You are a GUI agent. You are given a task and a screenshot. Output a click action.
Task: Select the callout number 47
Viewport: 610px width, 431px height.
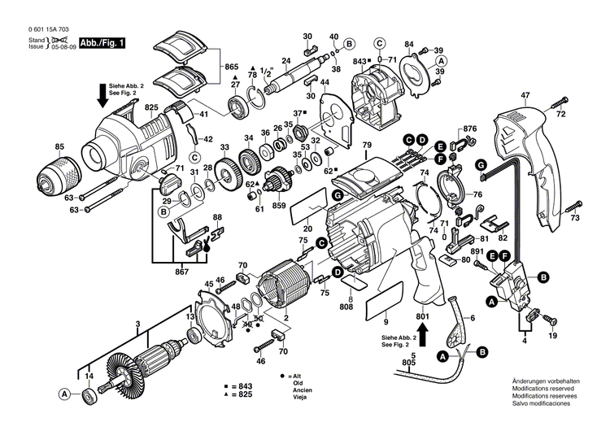click(525, 96)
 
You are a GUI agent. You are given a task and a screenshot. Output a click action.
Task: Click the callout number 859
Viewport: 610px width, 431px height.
click(279, 206)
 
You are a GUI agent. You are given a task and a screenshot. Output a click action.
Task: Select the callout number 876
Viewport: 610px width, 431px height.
click(469, 129)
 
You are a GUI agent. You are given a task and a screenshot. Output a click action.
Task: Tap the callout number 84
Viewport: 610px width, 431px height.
click(409, 43)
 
